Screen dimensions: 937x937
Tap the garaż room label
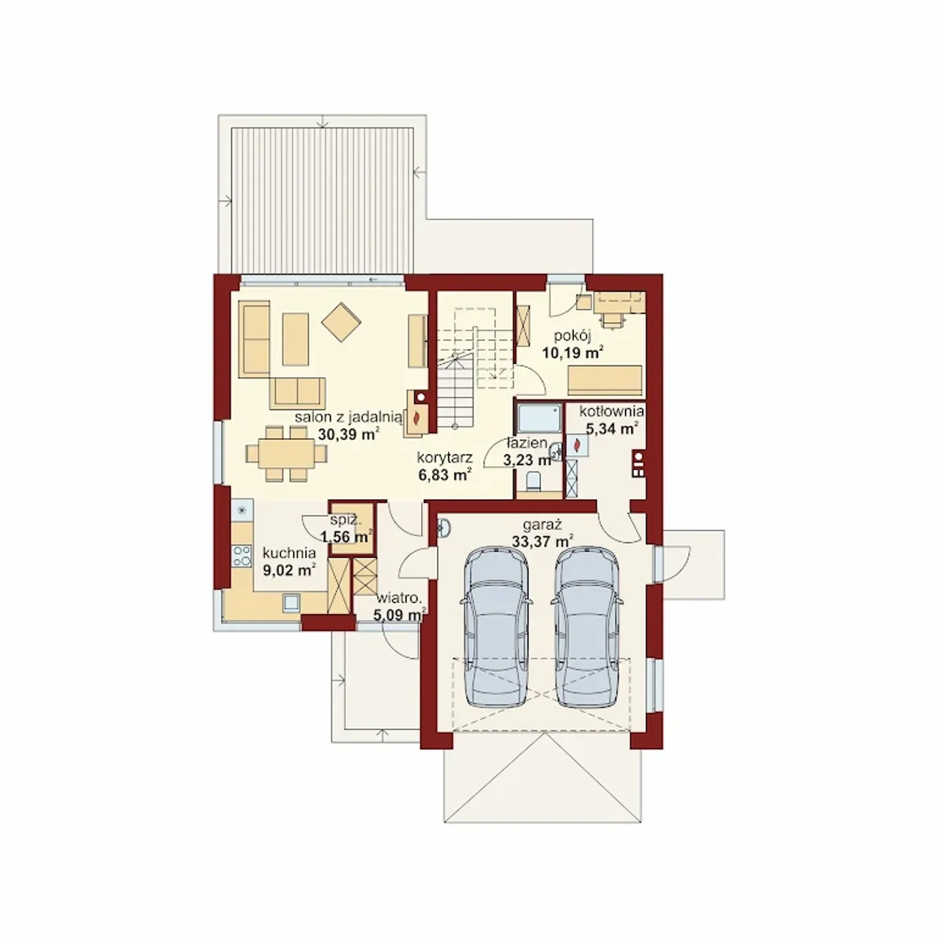click(542, 525)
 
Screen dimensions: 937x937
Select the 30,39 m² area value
click(348, 434)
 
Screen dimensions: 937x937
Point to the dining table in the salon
click(287, 454)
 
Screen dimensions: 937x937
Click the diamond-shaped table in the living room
click(341, 322)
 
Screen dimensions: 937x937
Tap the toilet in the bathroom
click(534, 479)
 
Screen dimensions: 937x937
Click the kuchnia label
click(289, 553)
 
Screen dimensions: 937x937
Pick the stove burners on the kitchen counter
click(242, 556)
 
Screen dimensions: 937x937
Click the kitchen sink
click(291, 602)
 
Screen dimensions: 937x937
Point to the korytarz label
click(445, 458)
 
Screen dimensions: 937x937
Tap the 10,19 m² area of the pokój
click(573, 352)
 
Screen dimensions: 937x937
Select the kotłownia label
click(612, 411)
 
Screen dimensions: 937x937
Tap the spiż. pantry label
click(346, 520)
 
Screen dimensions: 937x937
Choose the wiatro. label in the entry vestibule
click(399, 597)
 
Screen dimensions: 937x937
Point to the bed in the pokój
click(605, 380)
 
